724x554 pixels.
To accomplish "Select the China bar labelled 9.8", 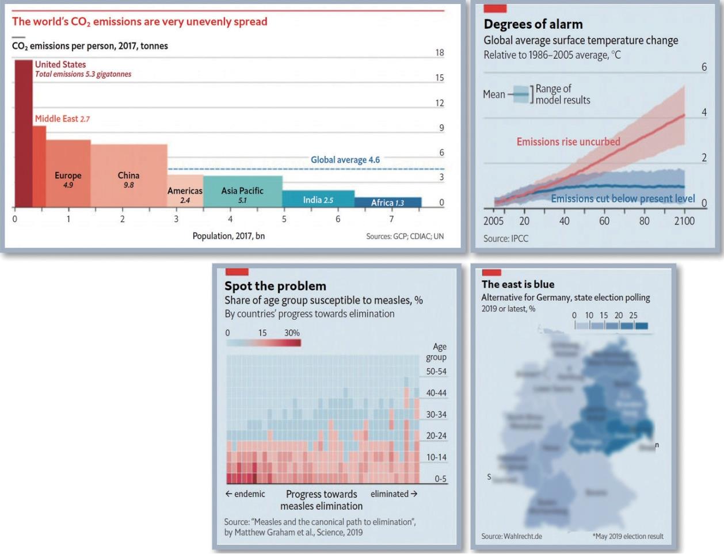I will point(129,175).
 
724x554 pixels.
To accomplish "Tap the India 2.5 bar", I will point(318,199).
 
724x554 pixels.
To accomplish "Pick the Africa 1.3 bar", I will point(387,203).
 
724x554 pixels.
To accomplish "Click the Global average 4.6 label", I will point(345,160).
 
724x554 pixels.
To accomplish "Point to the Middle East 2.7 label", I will point(62,119).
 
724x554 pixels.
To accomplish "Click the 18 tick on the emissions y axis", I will point(440,53).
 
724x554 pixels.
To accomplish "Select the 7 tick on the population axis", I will point(391,219).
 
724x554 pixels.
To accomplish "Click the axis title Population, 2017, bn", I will point(228,236).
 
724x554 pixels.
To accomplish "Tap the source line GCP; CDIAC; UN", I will point(405,236).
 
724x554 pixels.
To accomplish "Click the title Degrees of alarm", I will point(533,24).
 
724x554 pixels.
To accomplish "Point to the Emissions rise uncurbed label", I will point(568,142).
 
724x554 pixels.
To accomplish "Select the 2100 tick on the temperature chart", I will point(684,221).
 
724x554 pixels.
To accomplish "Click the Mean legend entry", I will point(494,94).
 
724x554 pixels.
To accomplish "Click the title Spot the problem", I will point(275,286).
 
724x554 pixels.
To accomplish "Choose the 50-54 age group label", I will point(436,372).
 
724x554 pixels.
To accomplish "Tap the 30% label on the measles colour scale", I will point(292,333).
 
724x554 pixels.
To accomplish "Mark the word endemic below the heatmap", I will point(249,494).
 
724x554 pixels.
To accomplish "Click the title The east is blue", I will point(518,284).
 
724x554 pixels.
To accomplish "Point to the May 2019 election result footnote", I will point(628,536).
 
